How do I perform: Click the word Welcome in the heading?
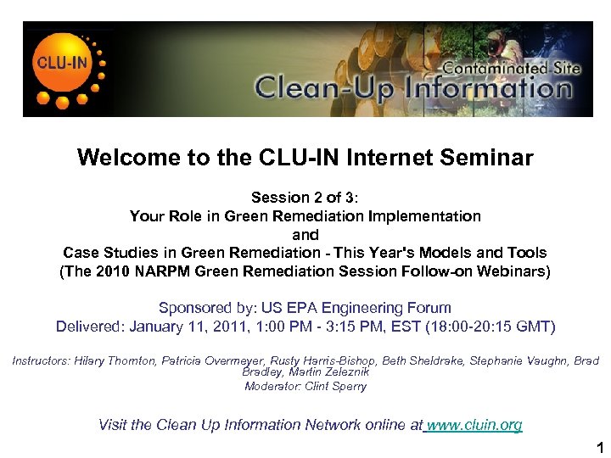[128, 158]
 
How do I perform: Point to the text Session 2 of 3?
[305, 198]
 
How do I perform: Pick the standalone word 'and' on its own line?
[305, 235]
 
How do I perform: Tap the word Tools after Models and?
[526, 253]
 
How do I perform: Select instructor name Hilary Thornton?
[111, 361]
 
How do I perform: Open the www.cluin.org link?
[474, 425]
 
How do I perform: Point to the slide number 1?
[599, 447]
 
